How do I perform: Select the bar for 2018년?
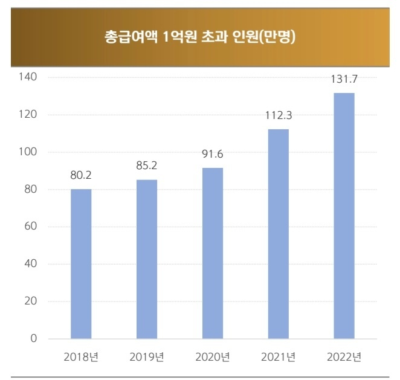pos(81,263)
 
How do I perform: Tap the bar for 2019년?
pos(147,259)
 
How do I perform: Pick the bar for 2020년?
pos(212,253)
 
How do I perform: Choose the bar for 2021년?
pos(278,234)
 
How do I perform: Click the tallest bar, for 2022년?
pos(344,216)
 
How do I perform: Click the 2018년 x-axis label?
pos(81,356)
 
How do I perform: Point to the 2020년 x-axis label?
pos(212,356)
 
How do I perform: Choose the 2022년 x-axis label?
pos(344,356)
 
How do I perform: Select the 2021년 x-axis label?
pos(278,356)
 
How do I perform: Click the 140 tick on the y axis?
pos(28,77)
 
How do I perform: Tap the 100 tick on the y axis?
pos(28,152)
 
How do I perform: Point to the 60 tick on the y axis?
pos(31,227)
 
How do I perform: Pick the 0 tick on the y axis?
pos(34,338)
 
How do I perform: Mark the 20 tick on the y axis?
pos(31,301)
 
